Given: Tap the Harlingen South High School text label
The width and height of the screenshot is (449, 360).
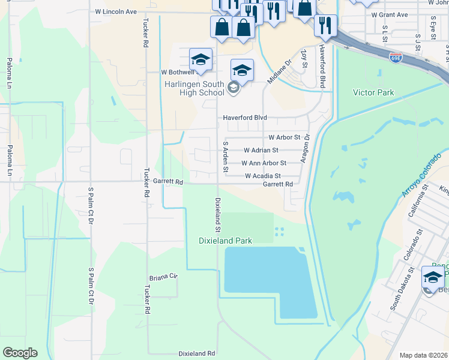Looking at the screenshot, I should point(194,88).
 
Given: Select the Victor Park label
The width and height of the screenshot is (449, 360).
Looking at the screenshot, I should point(373,93).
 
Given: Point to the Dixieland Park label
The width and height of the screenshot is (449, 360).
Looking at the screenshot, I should point(225,241).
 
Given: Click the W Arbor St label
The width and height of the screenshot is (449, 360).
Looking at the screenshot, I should point(284,137).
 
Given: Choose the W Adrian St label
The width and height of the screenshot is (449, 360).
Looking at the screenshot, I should point(261,151).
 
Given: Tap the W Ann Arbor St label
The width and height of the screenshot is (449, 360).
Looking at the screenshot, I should point(264,163).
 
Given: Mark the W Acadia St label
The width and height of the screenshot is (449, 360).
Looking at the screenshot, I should point(263,176).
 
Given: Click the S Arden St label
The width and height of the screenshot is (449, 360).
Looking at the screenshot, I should point(226,157).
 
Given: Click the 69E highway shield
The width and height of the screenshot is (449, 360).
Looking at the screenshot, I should point(396,58).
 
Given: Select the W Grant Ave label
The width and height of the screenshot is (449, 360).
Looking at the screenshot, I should point(389,14).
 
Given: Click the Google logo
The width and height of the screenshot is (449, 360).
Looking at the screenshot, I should point(20,352).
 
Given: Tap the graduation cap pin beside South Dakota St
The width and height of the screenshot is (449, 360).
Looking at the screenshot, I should point(433,277).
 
